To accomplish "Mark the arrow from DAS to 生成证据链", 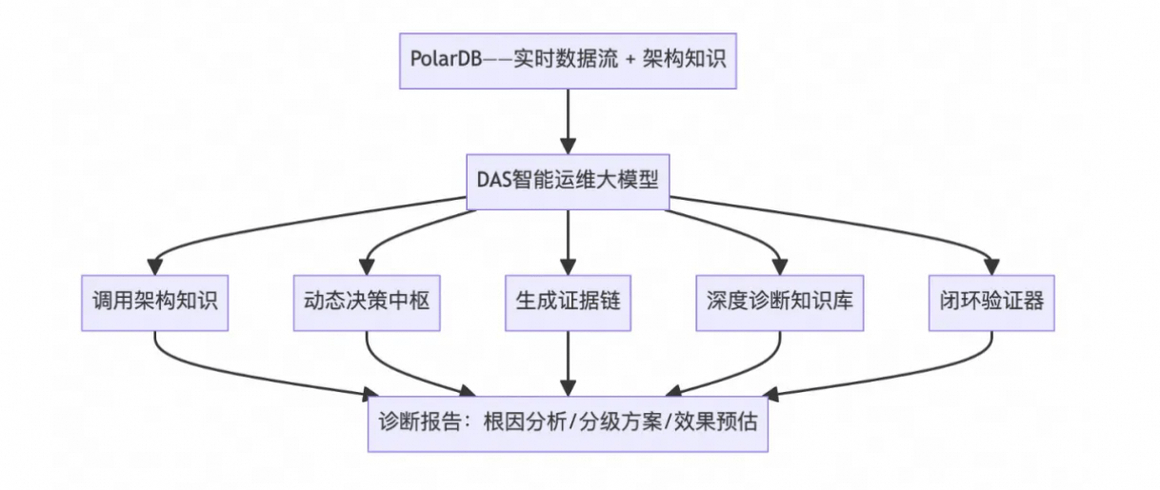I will coord(569,238).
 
